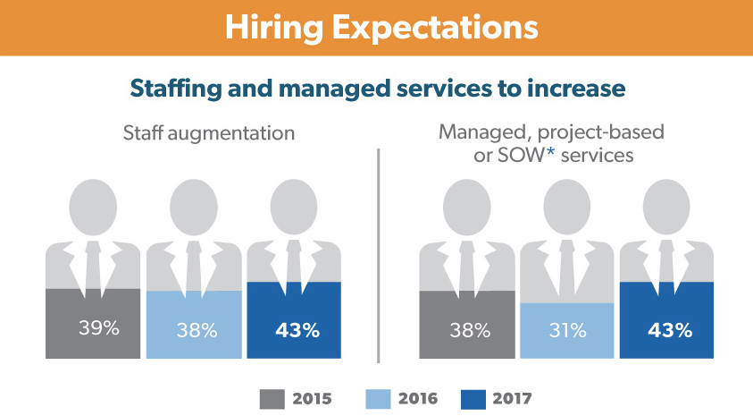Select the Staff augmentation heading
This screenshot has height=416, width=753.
[x=209, y=134]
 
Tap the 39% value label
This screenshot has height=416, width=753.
[x=97, y=328]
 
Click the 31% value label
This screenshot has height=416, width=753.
[x=568, y=330]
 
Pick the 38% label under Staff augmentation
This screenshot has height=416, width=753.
[x=197, y=330]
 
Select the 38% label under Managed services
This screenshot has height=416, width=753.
[x=469, y=330]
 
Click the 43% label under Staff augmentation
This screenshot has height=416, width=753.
[x=297, y=330]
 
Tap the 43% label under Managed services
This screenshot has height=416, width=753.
[x=669, y=330]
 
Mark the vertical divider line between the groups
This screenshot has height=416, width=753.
[x=379, y=255]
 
